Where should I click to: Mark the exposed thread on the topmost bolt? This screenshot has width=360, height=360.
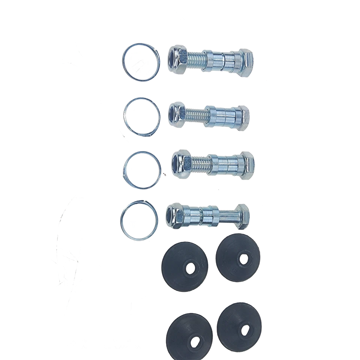(x=196, y=60)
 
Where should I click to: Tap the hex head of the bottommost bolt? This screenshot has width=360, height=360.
(x=243, y=216)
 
